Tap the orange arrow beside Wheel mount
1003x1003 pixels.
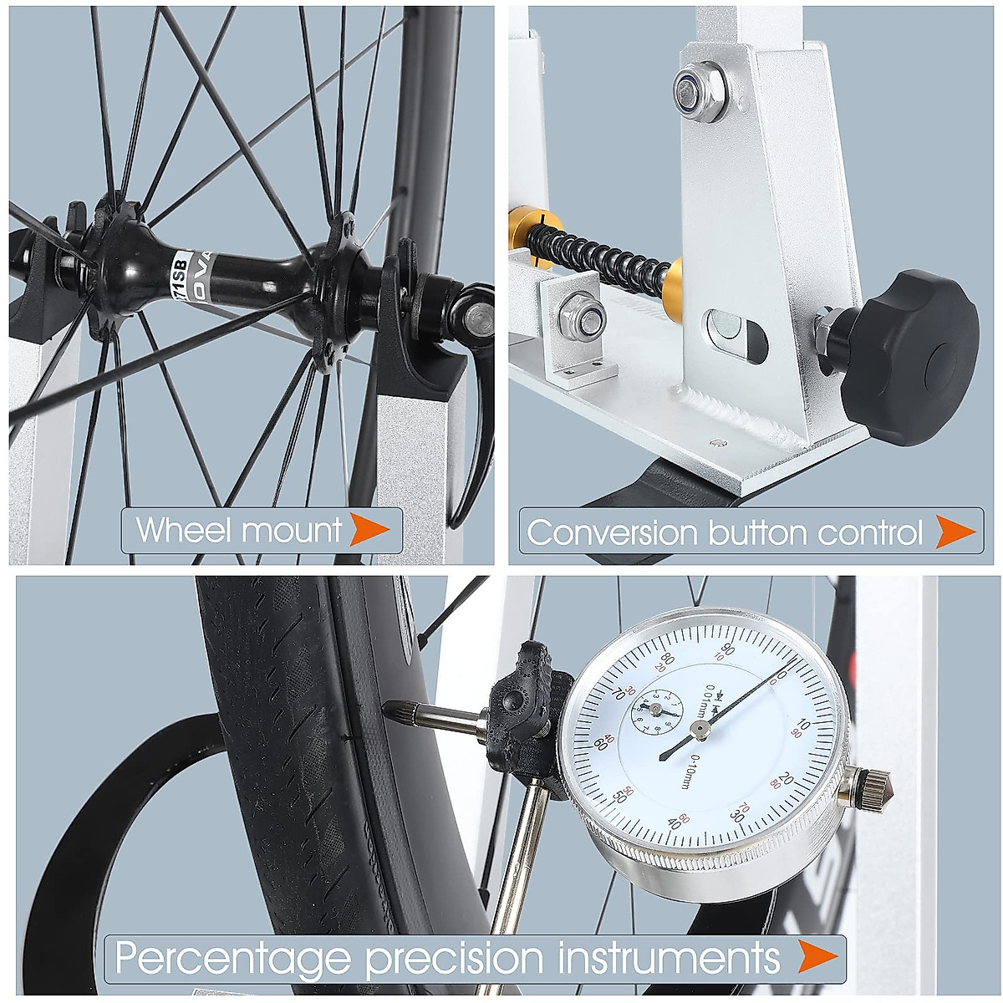(x=369, y=529)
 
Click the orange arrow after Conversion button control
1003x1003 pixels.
(x=954, y=532)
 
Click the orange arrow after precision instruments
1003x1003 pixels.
(x=816, y=957)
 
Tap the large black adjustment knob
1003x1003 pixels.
(x=910, y=357)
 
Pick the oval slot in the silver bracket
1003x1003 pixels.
(x=735, y=337)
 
